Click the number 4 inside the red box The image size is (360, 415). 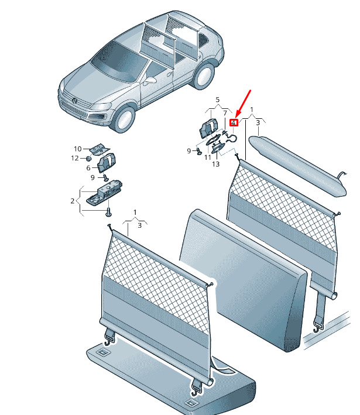(x=233, y=123)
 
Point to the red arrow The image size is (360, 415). (x=243, y=104)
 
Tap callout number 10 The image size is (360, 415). (x=78, y=149)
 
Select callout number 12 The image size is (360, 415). (x=75, y=158)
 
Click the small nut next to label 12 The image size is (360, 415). (x=88, y=158)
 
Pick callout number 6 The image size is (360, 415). (x=88, y=168)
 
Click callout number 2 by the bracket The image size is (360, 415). (x=73, y=201)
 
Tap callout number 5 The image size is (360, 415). (x=218, y=100)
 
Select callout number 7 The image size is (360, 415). (x=225, y=114)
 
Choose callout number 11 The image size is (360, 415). (x=208, y=157)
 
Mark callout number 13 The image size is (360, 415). (x=216, y=164)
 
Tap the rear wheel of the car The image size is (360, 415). (x=204, y=76)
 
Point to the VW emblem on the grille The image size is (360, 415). (x=75, y=101)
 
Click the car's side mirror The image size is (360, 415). (x=150, y=80)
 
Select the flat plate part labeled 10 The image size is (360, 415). (x=100, y=149)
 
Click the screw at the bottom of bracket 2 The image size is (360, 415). (x=108, y=212)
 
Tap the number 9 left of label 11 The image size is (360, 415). (x=188, y=151)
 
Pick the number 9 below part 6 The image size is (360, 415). (x=92, y=177)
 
